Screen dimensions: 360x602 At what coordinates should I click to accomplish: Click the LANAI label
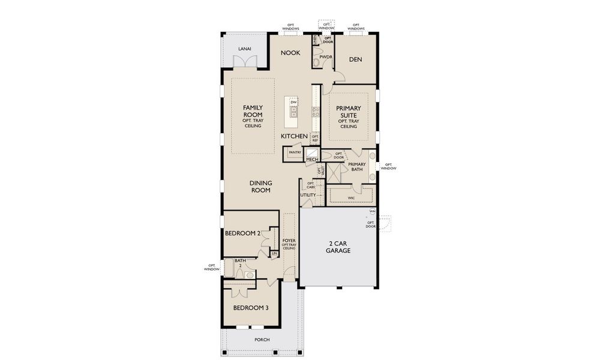[x=244, y=48]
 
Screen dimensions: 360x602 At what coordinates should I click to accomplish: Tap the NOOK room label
[x=290, y=53]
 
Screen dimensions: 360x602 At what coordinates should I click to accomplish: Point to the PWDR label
[x=326, y=57]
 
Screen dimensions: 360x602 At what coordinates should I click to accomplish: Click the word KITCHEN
[x=294, y=136]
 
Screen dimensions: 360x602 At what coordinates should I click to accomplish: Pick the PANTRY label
[x=294, y=152]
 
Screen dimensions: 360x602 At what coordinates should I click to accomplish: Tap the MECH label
[x=312, y=160]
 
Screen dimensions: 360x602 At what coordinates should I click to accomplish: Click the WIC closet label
[x=351, y=197]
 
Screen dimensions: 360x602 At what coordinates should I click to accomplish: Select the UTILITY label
[x=308, y=195]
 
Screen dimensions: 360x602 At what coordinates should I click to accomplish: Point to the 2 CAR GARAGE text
[x=339, y=247]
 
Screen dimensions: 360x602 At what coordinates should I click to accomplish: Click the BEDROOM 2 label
[x=242, y=234]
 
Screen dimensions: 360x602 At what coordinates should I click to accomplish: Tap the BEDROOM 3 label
[x=250, y=308]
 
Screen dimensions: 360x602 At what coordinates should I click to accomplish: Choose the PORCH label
[x=262, y=340]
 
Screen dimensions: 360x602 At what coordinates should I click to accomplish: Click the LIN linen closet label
[x=274, y=254]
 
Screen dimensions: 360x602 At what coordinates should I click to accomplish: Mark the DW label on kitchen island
[x=294, y=103]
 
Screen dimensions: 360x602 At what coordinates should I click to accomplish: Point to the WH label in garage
[x=372, y=212]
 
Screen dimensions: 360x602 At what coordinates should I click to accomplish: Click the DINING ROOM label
[x=260, y=186]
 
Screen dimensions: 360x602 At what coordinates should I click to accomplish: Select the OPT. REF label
[x=315, y=139]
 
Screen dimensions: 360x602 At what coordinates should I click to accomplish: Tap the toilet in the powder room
[x=316, y=62]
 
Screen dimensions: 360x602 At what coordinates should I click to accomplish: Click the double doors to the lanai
[x=244, y=62]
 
